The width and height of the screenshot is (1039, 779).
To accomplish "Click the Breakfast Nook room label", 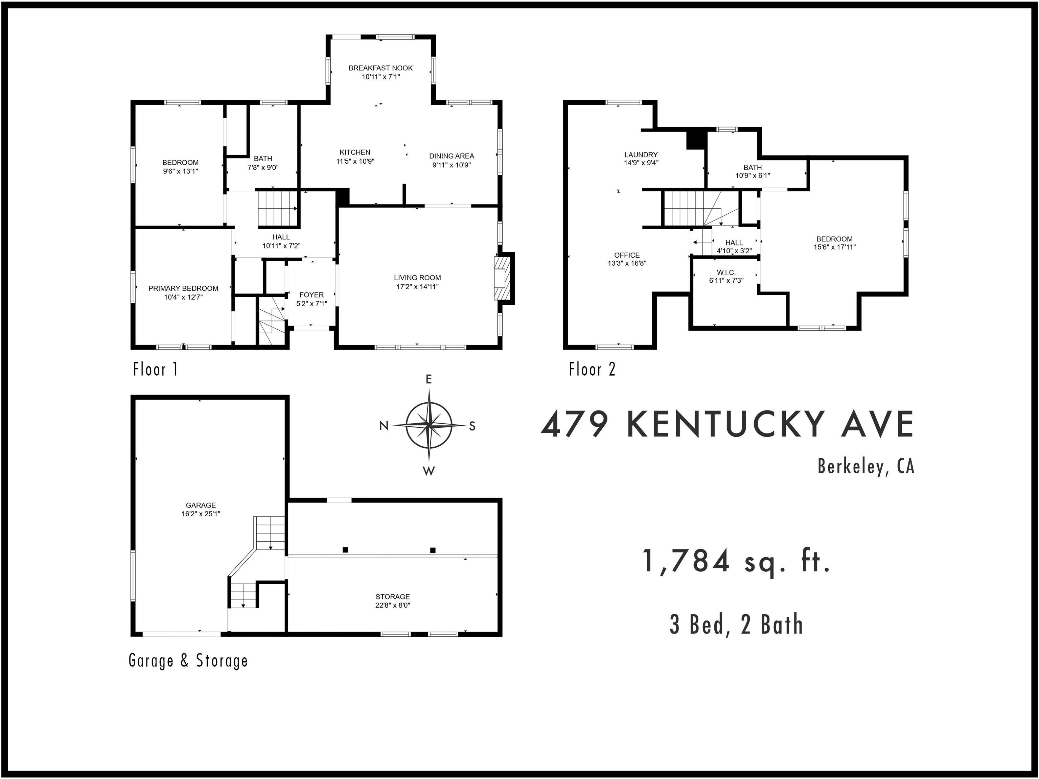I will (x=380, y=68).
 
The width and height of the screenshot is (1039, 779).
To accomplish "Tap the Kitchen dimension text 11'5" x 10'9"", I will (x=355, y=161).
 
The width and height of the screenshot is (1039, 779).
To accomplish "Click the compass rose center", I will (x=429, y=425).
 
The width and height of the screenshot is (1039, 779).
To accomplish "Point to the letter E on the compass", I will (x=429, y=379).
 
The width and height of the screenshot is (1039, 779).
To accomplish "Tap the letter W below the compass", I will (x=429, y=471).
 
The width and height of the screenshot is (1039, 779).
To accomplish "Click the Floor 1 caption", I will (x=156, y=370).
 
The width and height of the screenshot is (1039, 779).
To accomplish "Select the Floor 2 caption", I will (x=592, y=370).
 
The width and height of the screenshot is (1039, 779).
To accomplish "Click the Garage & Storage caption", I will (x=188, y=661).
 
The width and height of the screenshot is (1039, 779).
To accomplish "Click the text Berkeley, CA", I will (x=866, y=466).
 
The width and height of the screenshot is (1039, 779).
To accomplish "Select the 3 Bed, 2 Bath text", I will (x=736, y=625).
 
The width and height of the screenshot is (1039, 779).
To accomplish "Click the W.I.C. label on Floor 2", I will (x=726, y=272).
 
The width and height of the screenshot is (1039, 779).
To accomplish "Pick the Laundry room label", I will (x=641, y=155).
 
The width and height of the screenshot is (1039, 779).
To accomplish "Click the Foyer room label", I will (x=311, y=295).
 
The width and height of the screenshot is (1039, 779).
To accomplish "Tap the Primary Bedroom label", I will (x=183, y=288).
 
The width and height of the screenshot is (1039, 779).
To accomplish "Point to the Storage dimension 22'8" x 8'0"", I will (x=393, y=605).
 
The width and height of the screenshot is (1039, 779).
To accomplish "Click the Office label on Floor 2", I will (x=627, y=256).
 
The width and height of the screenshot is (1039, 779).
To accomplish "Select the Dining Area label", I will (x=452, y=156).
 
